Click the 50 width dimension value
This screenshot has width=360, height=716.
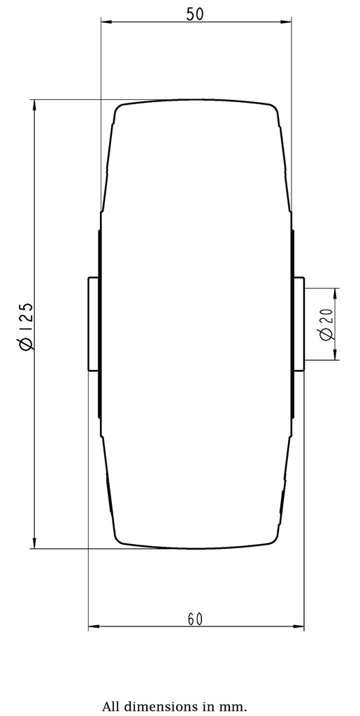(195, 14)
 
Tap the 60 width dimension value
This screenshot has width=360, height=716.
(195, 619)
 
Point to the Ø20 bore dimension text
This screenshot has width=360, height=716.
(326, 324)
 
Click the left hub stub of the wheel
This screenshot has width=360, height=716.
(94, 324)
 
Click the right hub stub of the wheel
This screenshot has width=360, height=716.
(298, 324)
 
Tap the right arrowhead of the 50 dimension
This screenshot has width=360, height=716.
(287, 22)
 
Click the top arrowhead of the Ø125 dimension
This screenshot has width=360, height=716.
(34, 105)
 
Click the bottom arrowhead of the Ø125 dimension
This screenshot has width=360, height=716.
(34, 544)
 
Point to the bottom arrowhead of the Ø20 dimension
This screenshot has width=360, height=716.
(336, 355)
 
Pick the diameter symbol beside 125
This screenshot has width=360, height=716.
(25, 343)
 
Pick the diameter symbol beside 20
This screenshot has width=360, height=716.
(326, 335)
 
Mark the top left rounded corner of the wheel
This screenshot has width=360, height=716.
(120, 109)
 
